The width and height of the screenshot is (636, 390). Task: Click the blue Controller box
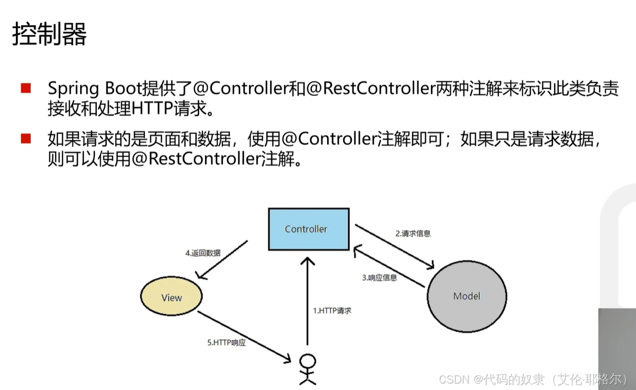coord(306,229)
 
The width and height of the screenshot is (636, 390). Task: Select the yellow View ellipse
coord(171,298)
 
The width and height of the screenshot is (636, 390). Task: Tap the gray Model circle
coord(466,296)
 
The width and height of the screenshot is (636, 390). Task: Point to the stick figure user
coord(307,369)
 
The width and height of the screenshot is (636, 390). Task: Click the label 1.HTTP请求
coord(332,311)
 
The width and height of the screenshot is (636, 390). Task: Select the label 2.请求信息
coord(413,233)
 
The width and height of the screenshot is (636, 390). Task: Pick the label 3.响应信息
coord(379,277)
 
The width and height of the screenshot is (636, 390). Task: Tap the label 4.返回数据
coord(203,253)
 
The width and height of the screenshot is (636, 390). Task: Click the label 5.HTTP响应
coord(226,342)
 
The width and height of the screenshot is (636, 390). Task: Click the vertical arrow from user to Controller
coord(307,302)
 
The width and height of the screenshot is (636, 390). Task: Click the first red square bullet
coord(26,89)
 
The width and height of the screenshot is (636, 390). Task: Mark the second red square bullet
coord(26,139)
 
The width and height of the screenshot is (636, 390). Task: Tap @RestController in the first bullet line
coord(371,89)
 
